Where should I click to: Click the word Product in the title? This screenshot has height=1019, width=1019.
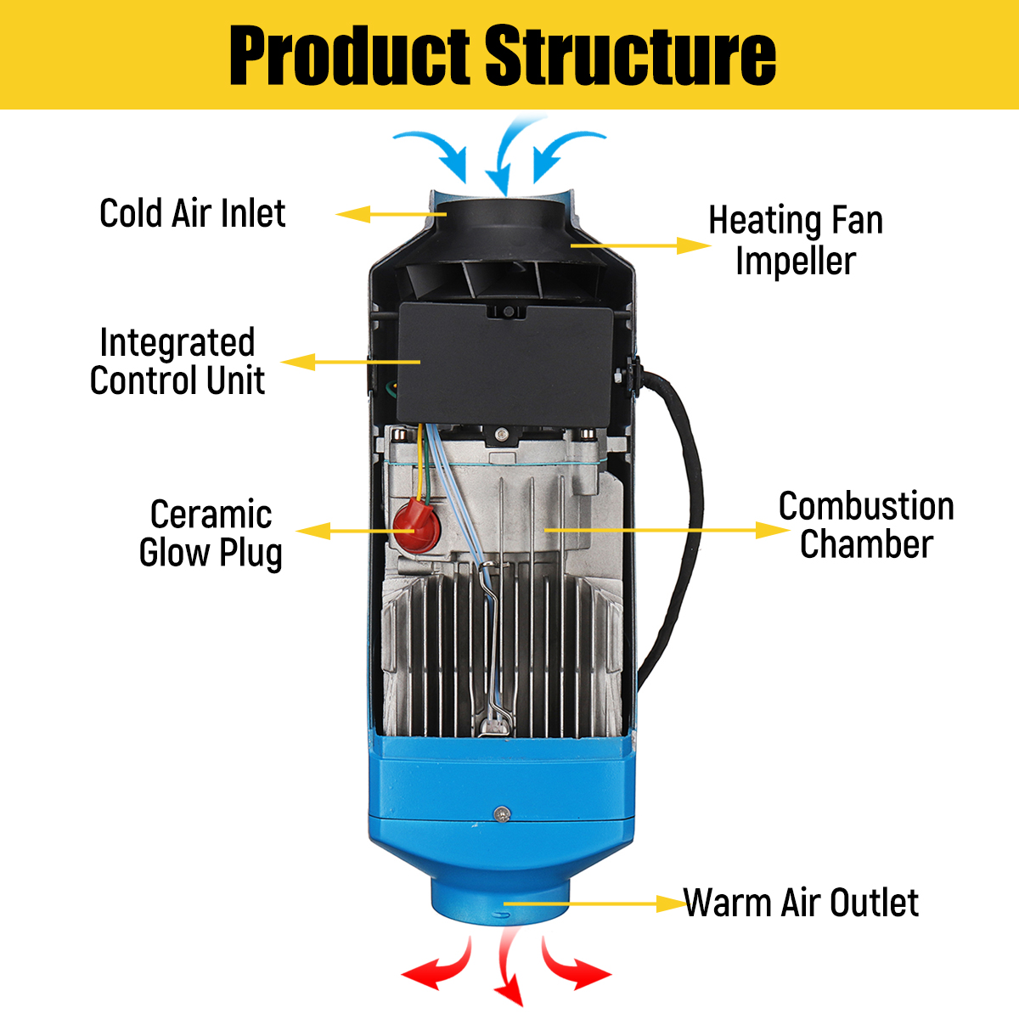coord(349,56)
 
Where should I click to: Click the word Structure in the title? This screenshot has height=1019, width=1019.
coord(630,56)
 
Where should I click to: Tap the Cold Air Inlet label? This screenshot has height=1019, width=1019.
coord(193,213)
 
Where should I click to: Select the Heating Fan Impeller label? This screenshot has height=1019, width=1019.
coord(796,240)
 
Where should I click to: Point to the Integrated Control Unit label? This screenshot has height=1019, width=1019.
coord(177,362)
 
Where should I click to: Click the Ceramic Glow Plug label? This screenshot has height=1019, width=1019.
coord(211,533)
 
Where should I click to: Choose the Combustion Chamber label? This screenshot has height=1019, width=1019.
coord(866,525)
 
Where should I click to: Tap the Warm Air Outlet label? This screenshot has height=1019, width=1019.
coord(801,903)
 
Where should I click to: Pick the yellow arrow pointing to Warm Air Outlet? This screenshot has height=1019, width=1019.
coord(594,904)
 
